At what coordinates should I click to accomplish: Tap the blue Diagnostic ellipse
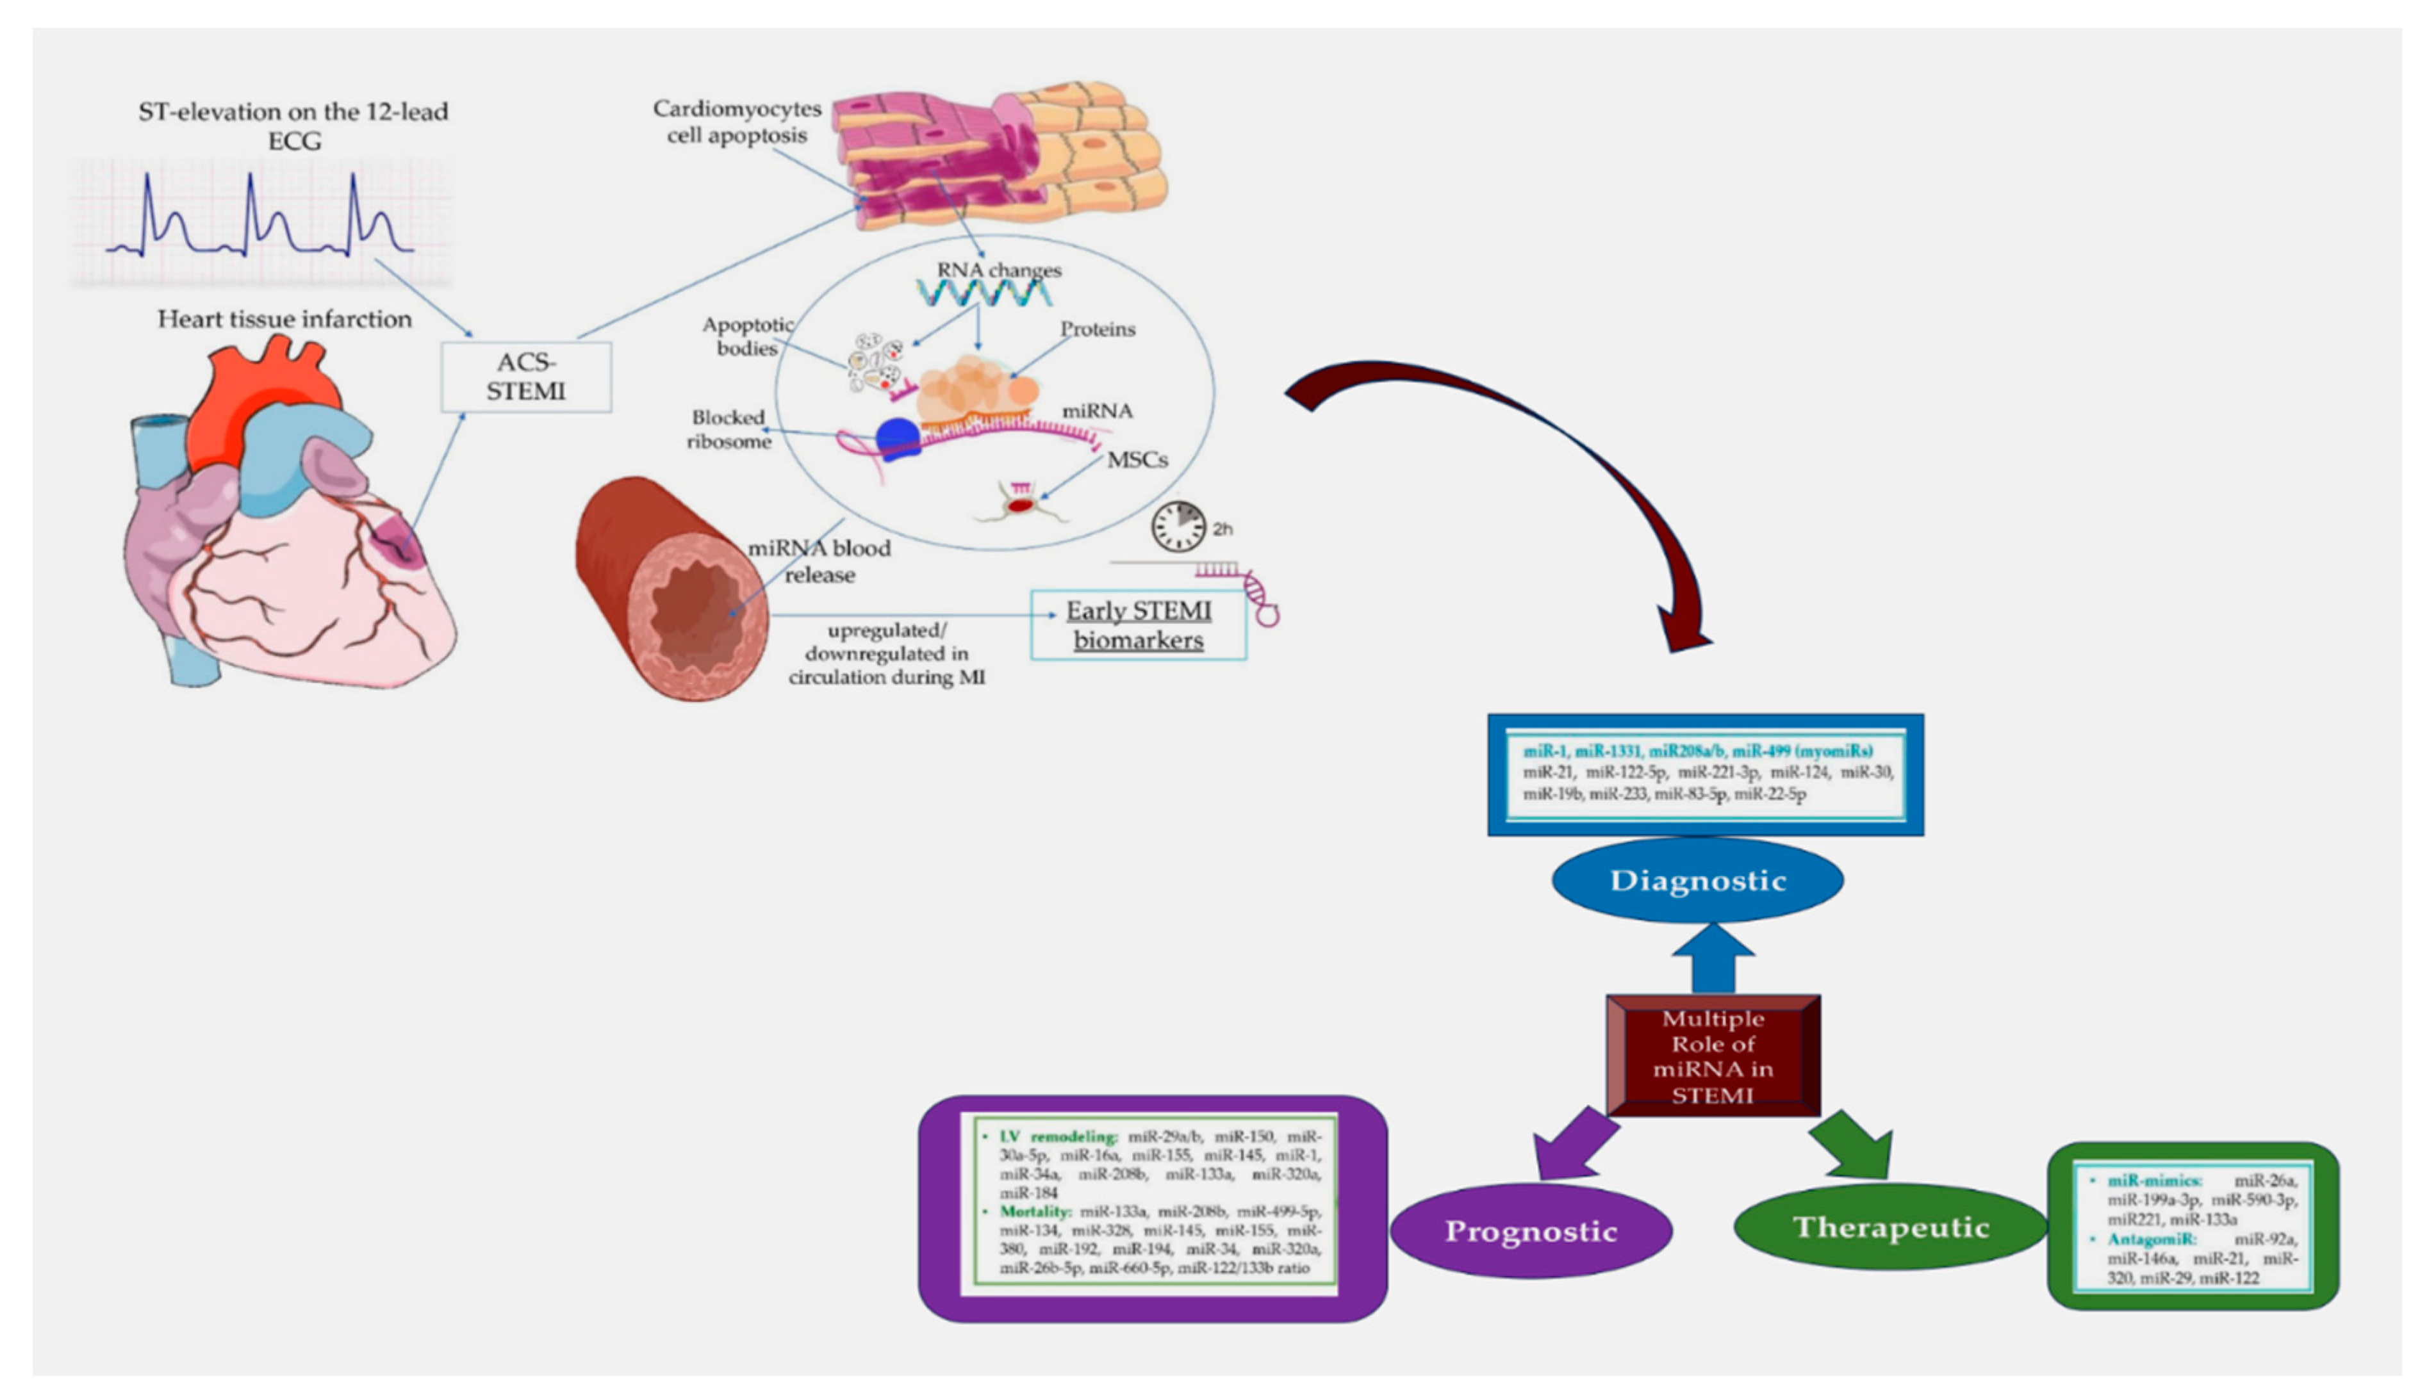click(1697, 880)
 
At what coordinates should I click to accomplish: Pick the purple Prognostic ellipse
click(1531, 1231)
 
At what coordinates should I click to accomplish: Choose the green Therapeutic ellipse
click(1890, 1227)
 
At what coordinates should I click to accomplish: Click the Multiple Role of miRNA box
click(1713, 1056)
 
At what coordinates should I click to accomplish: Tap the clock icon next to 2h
click(1178, 527)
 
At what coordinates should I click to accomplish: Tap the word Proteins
click(1097, 329)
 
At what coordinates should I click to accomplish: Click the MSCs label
click(1137, 460)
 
